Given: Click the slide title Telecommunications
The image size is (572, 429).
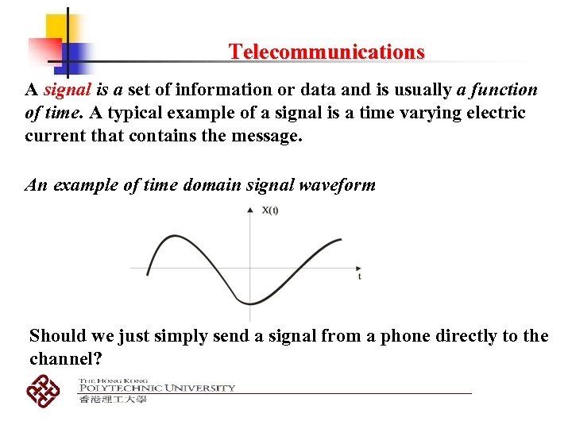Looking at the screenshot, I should tap(327, 52).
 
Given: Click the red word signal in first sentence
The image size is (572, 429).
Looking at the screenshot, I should tap(66, 90).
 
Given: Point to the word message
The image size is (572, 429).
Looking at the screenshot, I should tap(261, 136).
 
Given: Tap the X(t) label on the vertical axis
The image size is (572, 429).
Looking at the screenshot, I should tap(270, 211).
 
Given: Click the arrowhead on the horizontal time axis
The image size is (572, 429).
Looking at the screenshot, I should tap(358, 268).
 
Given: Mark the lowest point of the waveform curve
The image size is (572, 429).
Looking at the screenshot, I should tap(249, 303).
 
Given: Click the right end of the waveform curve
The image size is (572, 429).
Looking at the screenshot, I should tap(342, 239).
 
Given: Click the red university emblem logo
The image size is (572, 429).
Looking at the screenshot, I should tap(44, 389).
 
